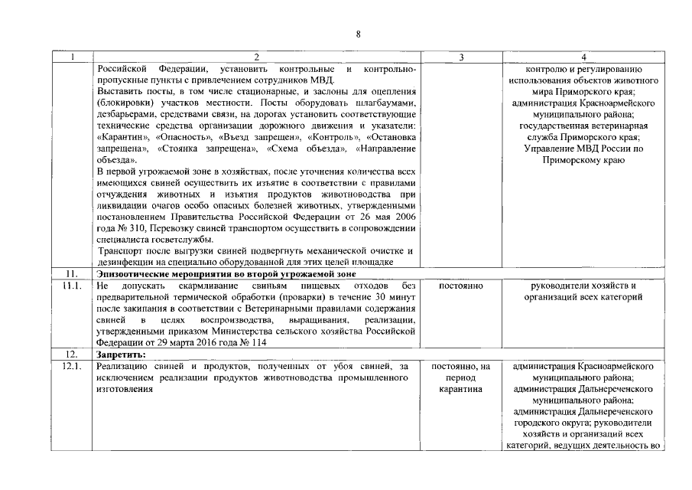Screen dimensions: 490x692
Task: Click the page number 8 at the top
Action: click(x=358, y=34)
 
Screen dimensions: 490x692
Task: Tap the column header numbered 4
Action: click(x=583, y=57)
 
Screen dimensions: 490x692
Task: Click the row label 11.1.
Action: click(x=72, y=286)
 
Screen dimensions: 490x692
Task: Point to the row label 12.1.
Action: click(x=72, y=367)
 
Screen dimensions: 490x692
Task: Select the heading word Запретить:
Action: click(x=122, y=355)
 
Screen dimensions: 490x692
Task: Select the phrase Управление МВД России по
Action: click(x=583, y=149)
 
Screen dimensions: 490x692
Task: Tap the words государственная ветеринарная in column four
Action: click(x=583, y=126)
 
